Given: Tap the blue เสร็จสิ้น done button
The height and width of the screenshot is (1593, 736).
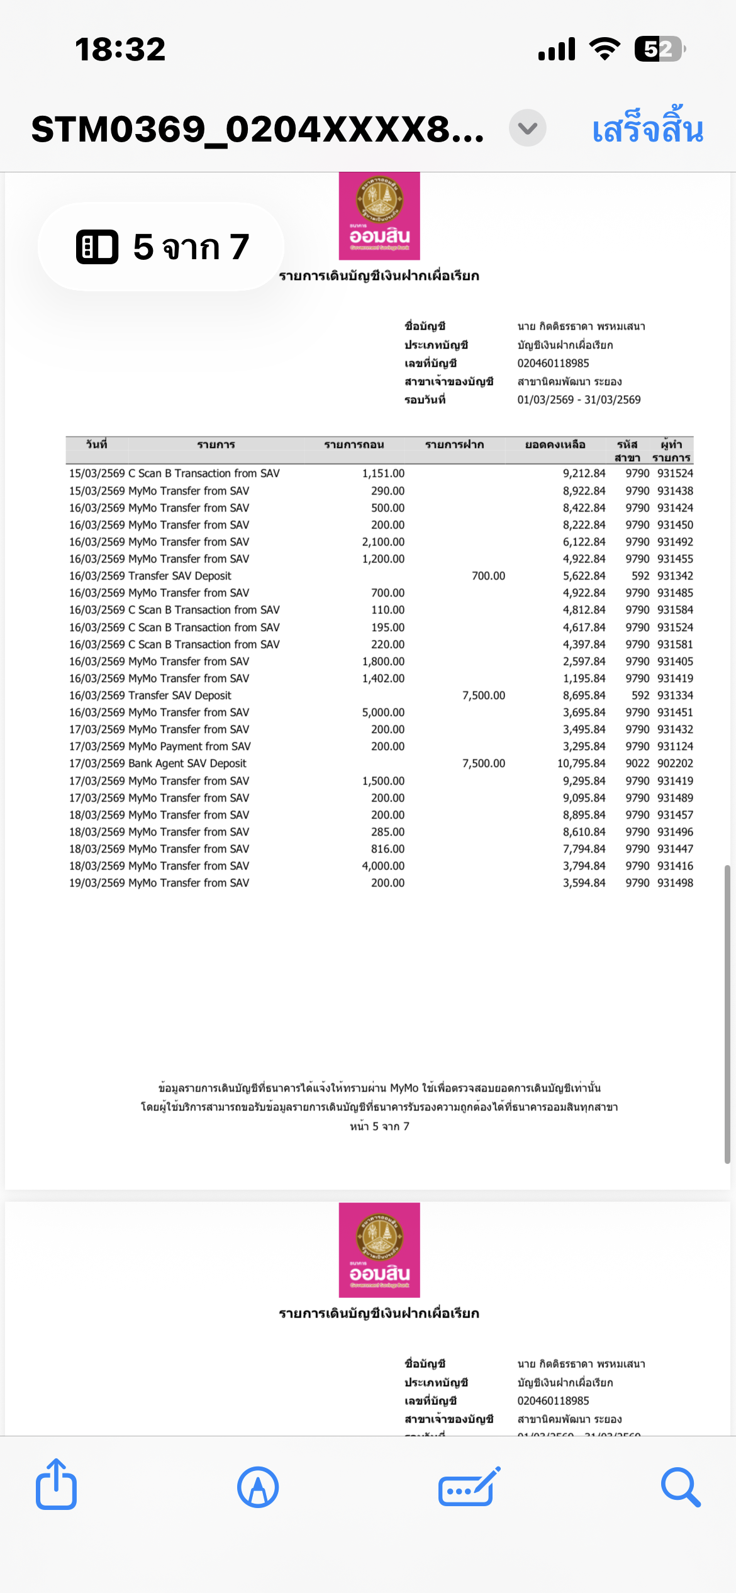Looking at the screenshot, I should (647, 129).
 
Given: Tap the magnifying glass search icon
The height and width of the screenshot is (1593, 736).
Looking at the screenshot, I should (680, 1487).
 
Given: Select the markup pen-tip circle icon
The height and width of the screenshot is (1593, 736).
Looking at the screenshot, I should (258, 1487).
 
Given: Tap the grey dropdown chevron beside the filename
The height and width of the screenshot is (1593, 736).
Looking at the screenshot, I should (527, 128).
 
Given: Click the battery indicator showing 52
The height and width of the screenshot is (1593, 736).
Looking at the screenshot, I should (659, 49).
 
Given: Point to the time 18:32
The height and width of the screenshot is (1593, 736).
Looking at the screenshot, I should (120, 49).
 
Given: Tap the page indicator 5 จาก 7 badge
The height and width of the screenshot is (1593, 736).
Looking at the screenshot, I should (162, 247).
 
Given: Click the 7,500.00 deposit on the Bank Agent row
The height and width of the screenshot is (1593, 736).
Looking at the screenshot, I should (483, 764).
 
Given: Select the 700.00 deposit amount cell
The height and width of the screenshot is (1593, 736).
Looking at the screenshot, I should (488, 576).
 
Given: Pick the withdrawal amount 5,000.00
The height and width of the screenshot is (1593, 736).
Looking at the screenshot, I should (383, 713).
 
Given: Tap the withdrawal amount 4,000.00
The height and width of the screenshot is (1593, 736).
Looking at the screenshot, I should (383, 866).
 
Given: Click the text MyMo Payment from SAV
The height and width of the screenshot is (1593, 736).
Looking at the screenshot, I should (189, 747).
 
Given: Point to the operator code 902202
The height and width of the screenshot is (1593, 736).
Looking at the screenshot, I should (675, 764).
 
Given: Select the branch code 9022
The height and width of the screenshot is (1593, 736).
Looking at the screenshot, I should (637, 764).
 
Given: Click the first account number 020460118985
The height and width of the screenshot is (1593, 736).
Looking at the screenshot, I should (553, 364).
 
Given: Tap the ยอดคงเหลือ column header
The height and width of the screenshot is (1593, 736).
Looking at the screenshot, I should (555, 445).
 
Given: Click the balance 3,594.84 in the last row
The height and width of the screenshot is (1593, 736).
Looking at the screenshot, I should (584, 883).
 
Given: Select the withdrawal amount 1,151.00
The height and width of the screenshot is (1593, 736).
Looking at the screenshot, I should (383, 474).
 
